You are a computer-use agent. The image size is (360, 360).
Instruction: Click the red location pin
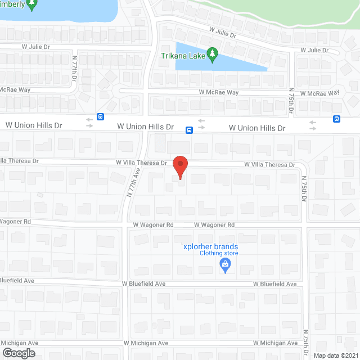coord(179,167)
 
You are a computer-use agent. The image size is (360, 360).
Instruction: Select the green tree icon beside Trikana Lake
coord(212,54)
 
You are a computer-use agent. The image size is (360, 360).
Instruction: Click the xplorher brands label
coord(210,246)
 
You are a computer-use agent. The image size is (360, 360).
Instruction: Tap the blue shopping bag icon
coord(225,264)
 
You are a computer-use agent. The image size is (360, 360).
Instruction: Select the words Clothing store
coord(219,253)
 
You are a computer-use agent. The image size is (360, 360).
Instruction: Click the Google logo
coord(18,353)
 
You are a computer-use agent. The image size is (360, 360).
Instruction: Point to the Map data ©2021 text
coord(335,355)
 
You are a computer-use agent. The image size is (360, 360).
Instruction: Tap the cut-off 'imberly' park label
coord(13,4)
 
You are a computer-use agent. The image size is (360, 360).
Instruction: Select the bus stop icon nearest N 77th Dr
coord(100,118)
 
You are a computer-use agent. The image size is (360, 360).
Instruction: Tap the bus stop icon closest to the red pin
coord(189,130)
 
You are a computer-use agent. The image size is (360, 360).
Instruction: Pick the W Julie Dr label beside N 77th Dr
coord(40,47)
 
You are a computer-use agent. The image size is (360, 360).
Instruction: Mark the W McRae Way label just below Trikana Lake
coord(218,92)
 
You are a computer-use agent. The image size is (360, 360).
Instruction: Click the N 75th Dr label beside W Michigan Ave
coord(307,343)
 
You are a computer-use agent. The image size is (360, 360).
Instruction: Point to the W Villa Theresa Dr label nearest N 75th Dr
coord(269,165)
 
